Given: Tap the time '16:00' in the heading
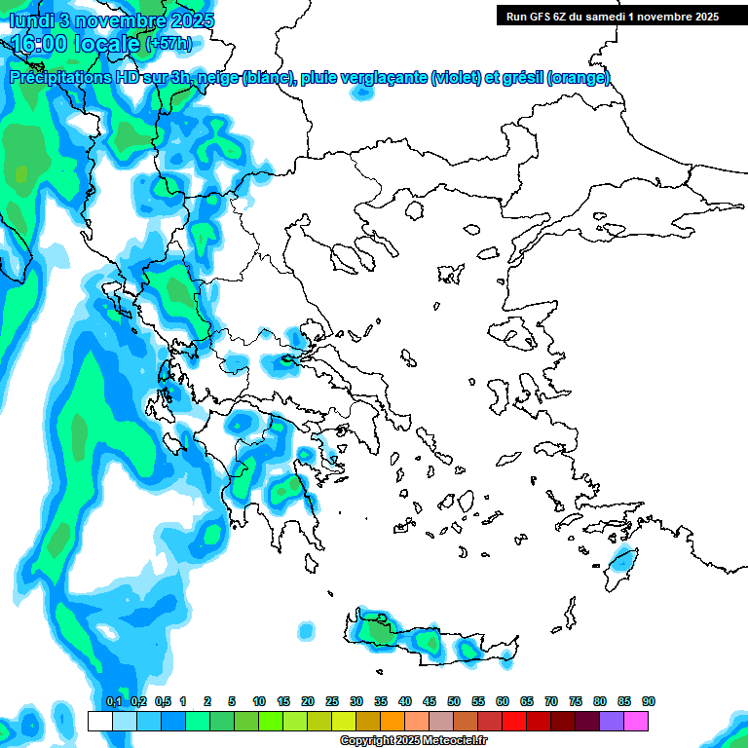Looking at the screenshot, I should pyautogui.click(x=43, y=44).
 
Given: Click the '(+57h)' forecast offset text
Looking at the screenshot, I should pyautogui.click(x=168, y=44).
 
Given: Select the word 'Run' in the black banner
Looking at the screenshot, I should pyautogui.click(x=517, y=16).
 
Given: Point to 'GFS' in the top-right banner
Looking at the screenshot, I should pyautogui.click(x=544, y=16).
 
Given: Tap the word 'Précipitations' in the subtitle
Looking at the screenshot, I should pyautogui.click(x=59, y=78).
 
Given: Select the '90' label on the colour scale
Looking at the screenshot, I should pyautogui.click(x=649, y=701).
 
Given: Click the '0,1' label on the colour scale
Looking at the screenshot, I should pyautogui.click(x=113, y=701).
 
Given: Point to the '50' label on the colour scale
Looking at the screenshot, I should pyautogui.click(x=454, y=701).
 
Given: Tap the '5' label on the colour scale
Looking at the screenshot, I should pyautogui.click(x=232, y=701).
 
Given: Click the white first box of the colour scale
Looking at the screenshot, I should pyautogui.click(x=100, y=721).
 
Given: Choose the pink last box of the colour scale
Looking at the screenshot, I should pyautogui.click(x=636, y=721).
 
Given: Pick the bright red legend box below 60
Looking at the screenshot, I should pyautogui.click(x=514, y=721).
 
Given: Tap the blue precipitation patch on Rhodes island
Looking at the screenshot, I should pyautogui.click(x=619, y=562).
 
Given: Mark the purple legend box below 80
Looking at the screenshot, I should pyautogui.click(x=612, y=721).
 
